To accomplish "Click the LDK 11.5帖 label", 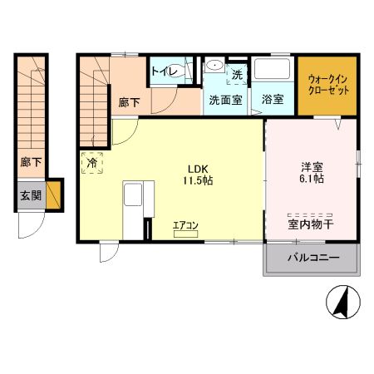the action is (x=198, y=175).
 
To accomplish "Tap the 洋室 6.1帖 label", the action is (x=312, y=173).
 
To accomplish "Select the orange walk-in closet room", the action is (x=327, y=86).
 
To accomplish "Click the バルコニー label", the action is (x=313, y=258).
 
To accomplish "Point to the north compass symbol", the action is (x=343, y=302).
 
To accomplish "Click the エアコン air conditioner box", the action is (x=185, y=234).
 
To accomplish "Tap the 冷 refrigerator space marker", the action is (x=92, y=163).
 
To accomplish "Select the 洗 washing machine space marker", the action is (x=237, y=74).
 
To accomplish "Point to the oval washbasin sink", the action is (x=215, y=66).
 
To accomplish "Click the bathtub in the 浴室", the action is (x=272, y=69).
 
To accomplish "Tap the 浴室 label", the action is (x=273, y=99).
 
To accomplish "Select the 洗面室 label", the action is (x=226, y=100).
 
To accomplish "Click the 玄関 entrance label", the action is (x=31, y=196).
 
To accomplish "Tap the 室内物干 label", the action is (x=311, y=224).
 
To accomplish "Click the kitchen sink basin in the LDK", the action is (x=133, y=195).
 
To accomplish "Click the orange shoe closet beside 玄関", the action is (x=53, y=195).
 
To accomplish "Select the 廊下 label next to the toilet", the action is (x=129, y=103).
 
